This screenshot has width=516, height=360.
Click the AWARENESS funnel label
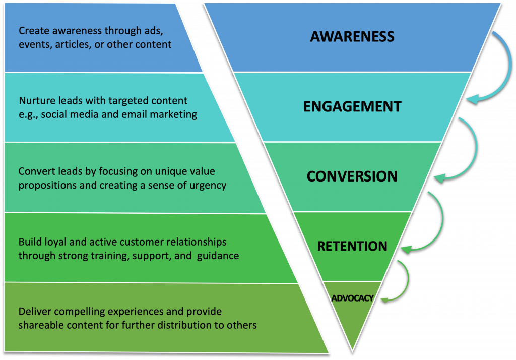coord(352,36)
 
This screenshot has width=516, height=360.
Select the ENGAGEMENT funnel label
coord(352,106)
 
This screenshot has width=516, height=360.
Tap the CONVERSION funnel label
coord(352,176)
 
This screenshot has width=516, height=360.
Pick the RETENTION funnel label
coord(352,246)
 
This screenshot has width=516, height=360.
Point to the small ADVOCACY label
coord(352,298)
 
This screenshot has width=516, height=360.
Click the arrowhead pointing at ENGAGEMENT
coord(470,100)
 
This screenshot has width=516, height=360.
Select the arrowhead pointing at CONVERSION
coord(438,178)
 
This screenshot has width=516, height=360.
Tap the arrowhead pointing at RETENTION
coord(405,248)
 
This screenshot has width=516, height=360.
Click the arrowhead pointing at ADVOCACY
coord(384,300)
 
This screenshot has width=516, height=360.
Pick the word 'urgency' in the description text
coord(210,185)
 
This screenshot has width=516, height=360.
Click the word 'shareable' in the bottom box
coord(38,325)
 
